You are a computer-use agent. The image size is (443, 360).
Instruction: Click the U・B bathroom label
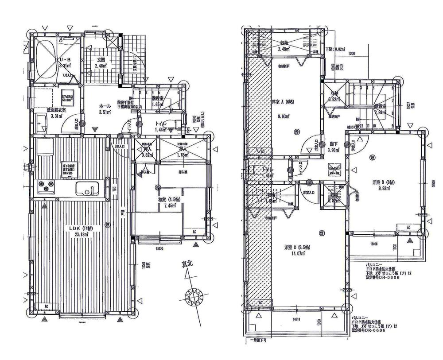60,62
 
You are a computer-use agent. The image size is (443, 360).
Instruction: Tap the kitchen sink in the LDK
86,190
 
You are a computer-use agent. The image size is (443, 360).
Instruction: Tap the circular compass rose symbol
195,295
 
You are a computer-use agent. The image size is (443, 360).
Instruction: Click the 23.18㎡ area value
83,235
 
